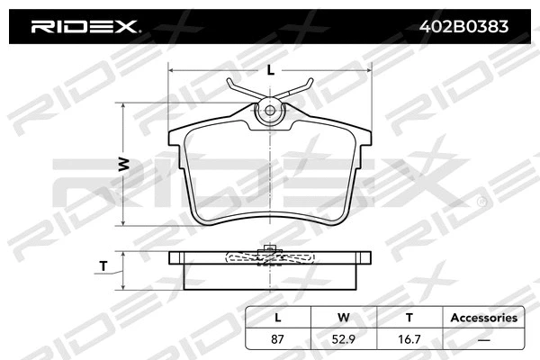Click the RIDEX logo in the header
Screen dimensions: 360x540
pyautogui.click(x=85, y=26)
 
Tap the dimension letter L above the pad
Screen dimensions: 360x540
pyautogui.click(x=270, y=69)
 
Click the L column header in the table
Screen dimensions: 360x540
pyautogui.click(x=278, y=318)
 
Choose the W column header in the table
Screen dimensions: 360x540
pyautogui.click(x=342, y=318)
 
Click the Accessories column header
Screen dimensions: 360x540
pyautogui.click(x=483, y=318)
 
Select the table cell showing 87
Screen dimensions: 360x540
pyautogui.click(x=278, y=339)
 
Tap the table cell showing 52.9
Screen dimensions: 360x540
pyautogui.click(x=342, y=339)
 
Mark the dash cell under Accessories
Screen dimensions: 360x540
pyautogui.click(x=483, y=339)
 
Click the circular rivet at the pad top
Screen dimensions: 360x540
pyautogui.click(x=270, y=112)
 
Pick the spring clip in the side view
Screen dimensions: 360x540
pyautogui.click(x=270, y=257)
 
